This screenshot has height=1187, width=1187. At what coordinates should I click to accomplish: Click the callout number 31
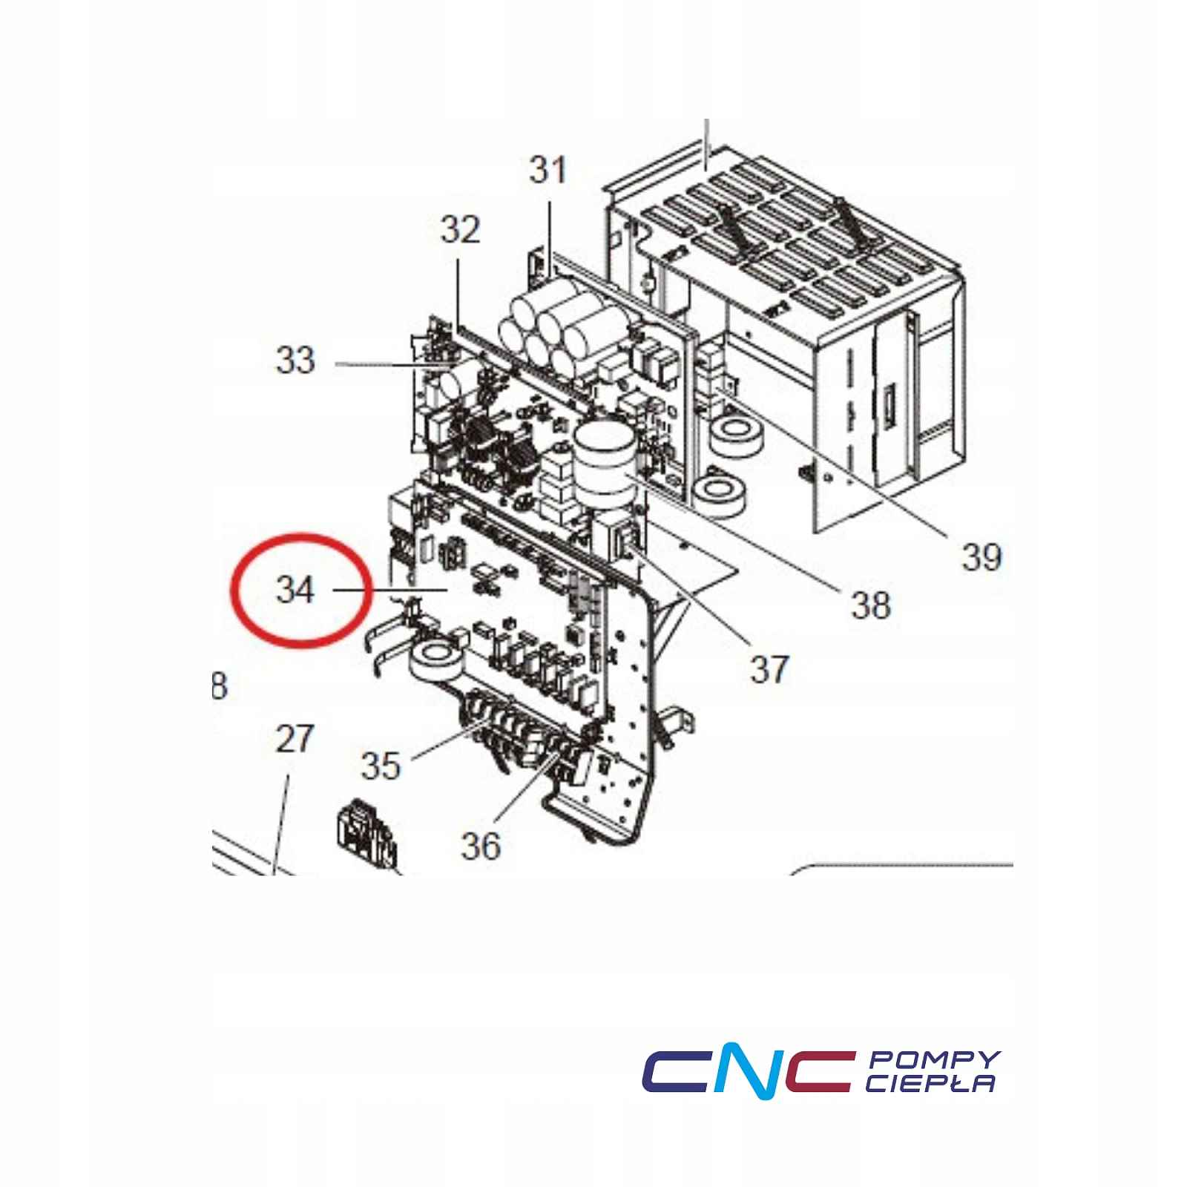[548, 170]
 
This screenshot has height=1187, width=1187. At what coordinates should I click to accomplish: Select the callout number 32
[460, 230]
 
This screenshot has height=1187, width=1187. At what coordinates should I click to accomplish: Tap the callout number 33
[295, 361]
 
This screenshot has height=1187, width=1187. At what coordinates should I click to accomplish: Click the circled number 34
[295, 590]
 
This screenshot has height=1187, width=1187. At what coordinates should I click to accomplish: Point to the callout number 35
[381, 765]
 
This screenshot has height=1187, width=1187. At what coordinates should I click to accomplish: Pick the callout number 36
[481, 845]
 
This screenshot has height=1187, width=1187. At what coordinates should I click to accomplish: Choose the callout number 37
[769, 670]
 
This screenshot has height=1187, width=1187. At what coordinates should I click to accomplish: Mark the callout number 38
[870, 605]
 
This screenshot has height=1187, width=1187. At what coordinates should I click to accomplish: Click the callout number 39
[981, 556]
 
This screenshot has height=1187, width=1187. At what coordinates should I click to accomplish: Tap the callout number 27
[295, 740]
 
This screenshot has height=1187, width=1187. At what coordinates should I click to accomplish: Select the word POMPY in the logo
[934, 1060]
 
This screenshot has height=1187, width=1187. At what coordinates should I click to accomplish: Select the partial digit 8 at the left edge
[219, 686]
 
